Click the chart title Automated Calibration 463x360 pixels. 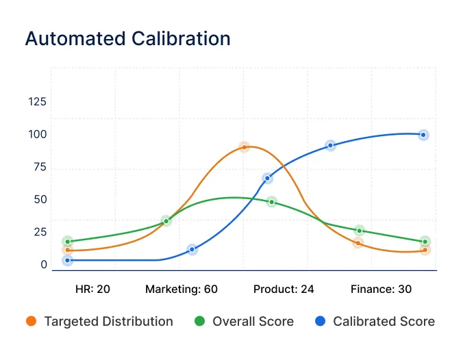point(127,38)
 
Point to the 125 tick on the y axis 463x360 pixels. point(37,102)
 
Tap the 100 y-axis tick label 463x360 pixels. point(37,134)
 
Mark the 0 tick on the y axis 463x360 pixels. point(43,265)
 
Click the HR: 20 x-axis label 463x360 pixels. point(92,289)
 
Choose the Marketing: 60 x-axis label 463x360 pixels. point(182,289)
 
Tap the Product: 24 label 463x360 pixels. point(284,289)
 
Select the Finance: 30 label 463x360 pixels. point(381,289)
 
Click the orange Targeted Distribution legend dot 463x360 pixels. point(31,321)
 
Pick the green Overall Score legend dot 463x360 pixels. point(199,321)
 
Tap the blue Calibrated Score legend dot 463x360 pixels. point(320,321)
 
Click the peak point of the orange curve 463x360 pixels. point(244,147)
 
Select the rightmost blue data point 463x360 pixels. point(423,135)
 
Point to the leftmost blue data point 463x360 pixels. point(67,260)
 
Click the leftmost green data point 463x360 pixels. point(67,241)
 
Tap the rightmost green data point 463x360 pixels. point(425,241)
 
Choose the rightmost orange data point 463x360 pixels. point(425,250)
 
